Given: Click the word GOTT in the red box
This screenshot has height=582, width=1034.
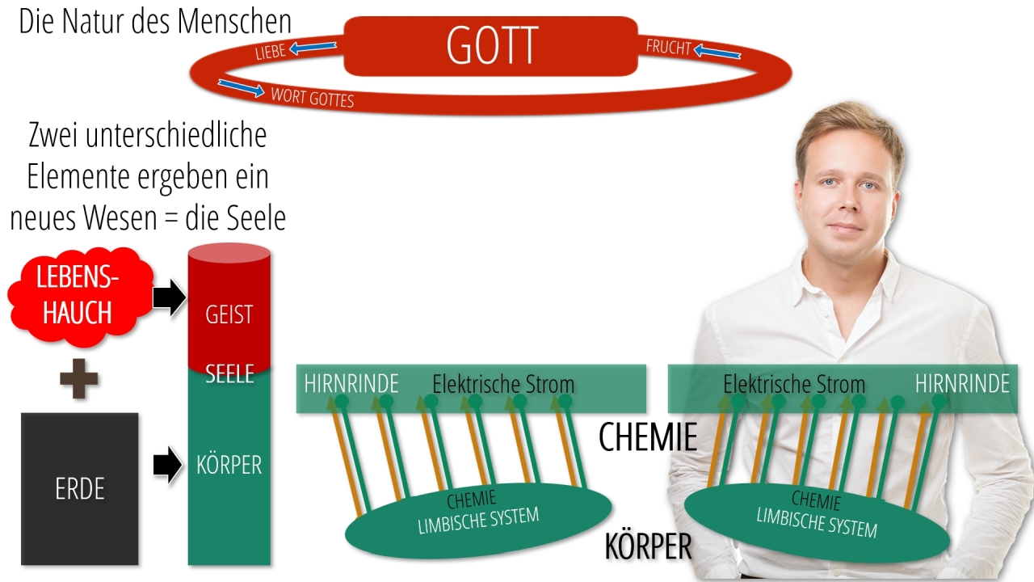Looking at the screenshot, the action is tap(492, 45).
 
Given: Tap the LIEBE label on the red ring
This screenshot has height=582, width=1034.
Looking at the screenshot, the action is tap(271, 51).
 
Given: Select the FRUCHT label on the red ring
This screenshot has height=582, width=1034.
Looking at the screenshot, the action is tap(668, 47).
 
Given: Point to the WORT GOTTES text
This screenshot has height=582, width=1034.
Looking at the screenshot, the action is tap(313, 98).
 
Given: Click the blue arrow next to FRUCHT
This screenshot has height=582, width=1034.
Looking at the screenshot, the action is tap(717, 51).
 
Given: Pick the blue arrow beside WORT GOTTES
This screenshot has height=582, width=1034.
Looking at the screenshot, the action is tap(241, 88).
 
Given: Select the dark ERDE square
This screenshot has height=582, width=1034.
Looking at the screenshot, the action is tap(80, 489).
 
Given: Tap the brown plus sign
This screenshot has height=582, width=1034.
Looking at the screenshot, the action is tap(79, 379).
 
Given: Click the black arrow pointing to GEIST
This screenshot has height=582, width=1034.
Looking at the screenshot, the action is tap(170, 297).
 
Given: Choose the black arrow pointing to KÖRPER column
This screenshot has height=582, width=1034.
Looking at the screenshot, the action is tap(167, 464).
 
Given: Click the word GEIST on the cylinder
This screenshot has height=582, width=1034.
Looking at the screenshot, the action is tap(229, 314).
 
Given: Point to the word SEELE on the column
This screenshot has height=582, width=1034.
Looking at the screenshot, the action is tap(229, 373).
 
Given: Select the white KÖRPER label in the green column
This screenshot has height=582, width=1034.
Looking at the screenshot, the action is tap(229, 465).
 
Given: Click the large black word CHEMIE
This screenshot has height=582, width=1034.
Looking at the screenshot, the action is tap(648, 437).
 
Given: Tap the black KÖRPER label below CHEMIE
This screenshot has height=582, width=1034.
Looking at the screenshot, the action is tap(648, 546).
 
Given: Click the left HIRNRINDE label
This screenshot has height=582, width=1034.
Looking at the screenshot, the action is tap(351, 384).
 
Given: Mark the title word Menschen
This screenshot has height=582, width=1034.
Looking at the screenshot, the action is tap(234, 21).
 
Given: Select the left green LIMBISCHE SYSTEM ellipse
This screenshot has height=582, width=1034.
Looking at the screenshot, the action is tap(479, 520).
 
